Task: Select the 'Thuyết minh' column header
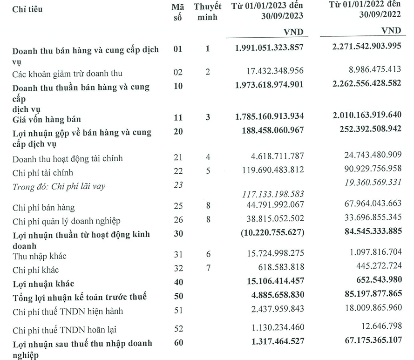click(208, 14)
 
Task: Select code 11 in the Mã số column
click(178, 118)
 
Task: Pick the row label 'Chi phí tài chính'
click(43, 173)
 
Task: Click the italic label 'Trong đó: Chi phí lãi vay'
click(59, 186)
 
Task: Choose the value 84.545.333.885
click(366, 231)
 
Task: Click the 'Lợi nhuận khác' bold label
click(44, 283)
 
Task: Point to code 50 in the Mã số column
click(178, 297)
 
